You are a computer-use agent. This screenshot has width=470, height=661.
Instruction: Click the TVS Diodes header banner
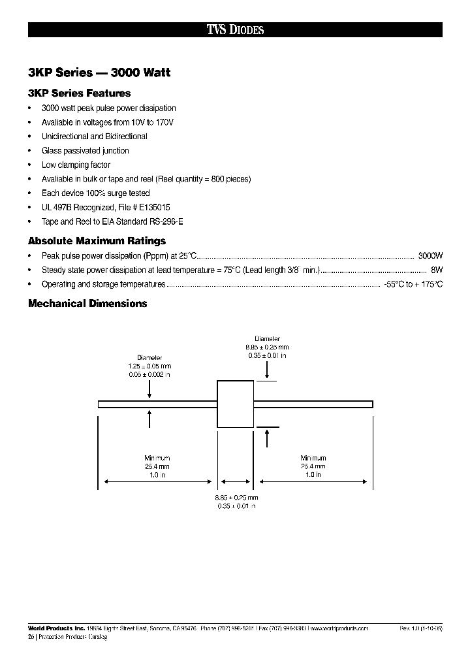(x=235, y=29)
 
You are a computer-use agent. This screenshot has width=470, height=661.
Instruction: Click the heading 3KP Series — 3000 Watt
(x=99, y=73)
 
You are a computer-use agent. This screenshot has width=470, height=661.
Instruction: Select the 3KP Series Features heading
(x=80, y=93)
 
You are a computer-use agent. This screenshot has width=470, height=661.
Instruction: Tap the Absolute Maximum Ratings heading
(x=97, y=241)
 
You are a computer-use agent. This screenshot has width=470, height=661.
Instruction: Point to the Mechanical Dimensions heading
(x=87, y=303)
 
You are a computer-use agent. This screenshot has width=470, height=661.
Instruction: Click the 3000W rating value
(x=430, y=255)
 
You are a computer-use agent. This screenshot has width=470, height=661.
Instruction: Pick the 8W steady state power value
(x=437, y=270)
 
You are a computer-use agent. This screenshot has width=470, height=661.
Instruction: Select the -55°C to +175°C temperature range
(x=413, y=284)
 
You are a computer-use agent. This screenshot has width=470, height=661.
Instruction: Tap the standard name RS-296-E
(x=166, y=221)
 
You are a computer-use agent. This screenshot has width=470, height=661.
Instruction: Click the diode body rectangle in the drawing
(x=235, y=404)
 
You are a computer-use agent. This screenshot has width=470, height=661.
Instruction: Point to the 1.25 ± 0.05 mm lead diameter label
(x=149, y=368)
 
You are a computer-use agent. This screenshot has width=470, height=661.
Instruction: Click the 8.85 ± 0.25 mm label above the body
(x=267, y=347)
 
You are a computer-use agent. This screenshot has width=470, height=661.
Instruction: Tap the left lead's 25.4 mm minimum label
(x=157, y=466)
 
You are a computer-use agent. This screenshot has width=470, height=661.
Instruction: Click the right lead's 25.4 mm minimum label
(x=313, y=466)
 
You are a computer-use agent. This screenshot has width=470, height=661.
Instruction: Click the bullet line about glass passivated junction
(x=85, y=150)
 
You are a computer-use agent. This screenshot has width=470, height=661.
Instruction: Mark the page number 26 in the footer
(x=31, y=637)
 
